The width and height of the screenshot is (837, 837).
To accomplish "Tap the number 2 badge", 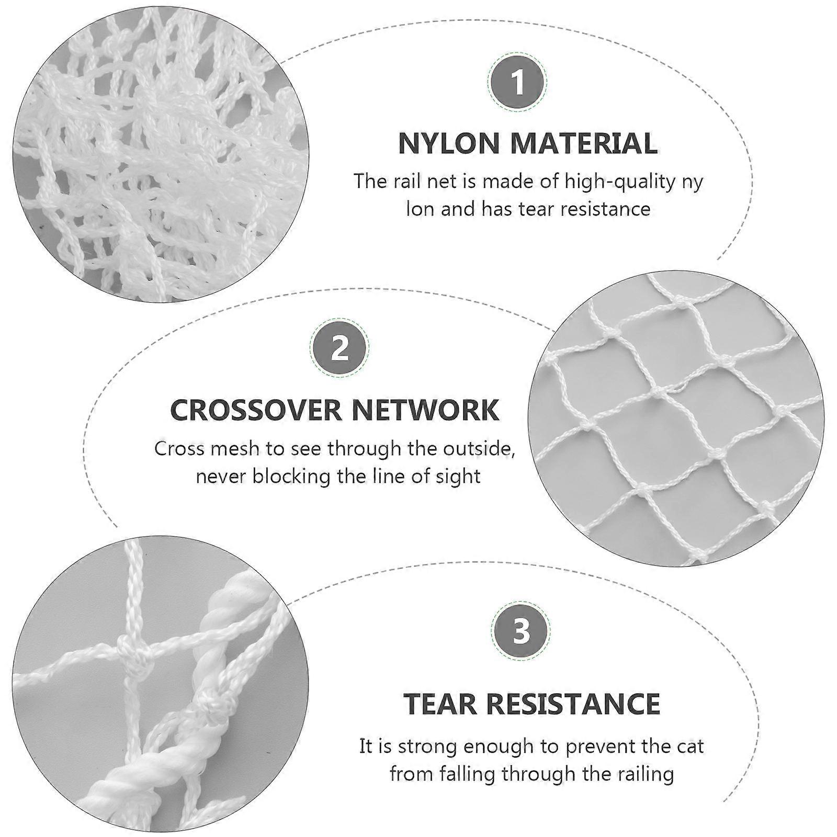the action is click(340, 347).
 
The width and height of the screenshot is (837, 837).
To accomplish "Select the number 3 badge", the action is click(521, 631).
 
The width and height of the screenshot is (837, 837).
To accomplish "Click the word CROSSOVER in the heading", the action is click(256, 410).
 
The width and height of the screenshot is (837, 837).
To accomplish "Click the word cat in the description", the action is click(687, 746).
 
